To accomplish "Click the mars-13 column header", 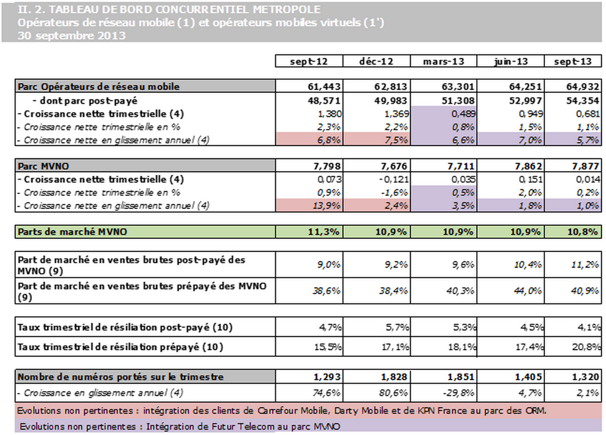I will pos(443,61).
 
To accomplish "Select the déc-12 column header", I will pos(377,61).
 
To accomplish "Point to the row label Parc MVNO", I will pos(42,167).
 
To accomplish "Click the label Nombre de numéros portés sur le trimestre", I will pos(120,376).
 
